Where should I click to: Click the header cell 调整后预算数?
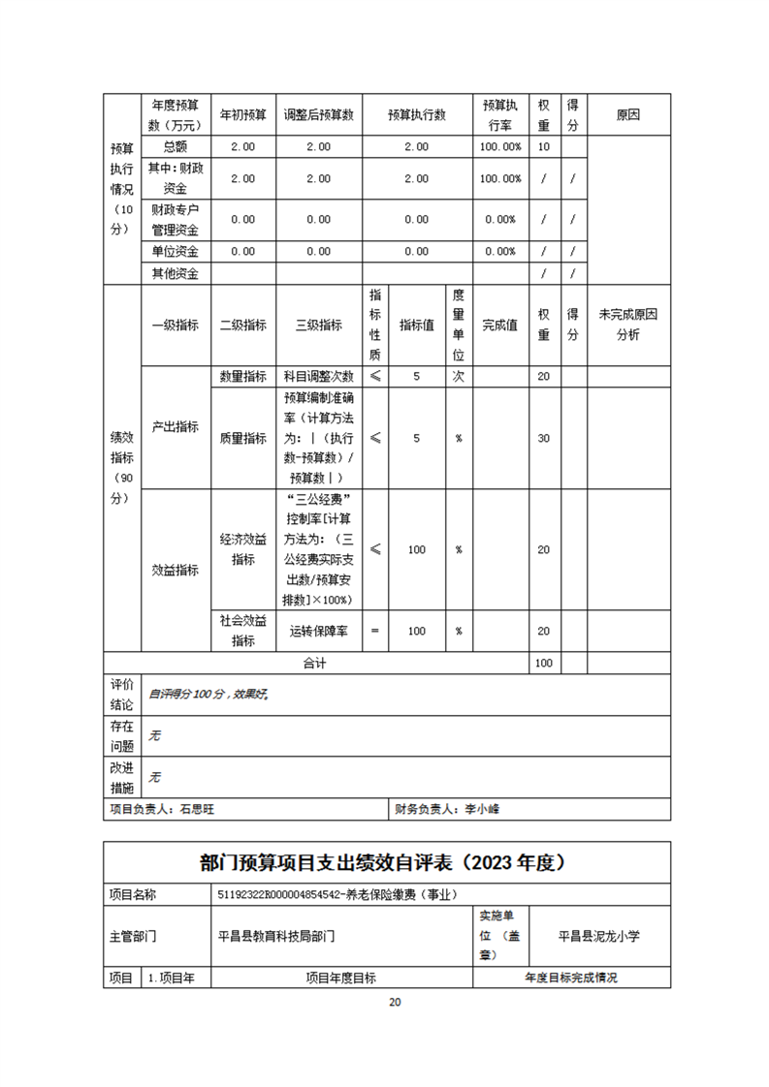pos(318,114)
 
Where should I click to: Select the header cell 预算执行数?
pos(416,114)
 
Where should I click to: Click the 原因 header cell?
pos(628,114)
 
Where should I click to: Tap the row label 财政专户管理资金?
pos(175,219)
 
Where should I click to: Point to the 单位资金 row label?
pos(175,251)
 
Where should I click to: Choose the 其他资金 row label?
pos(175,273)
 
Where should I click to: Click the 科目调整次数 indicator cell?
pos(318,376)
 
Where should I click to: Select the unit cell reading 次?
pos(458,376)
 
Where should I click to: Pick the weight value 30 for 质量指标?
pos(544,438)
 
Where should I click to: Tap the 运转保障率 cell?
pos(318,631)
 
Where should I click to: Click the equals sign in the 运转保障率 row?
pos(375,631)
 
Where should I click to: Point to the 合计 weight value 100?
pos(544,664)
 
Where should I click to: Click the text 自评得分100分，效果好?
pos(207,695)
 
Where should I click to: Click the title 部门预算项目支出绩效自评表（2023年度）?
pos(386,861)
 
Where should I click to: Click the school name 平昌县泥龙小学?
pos(599,936)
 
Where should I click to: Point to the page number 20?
pos(394,1002)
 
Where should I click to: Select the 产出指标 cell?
pos(175,426)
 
